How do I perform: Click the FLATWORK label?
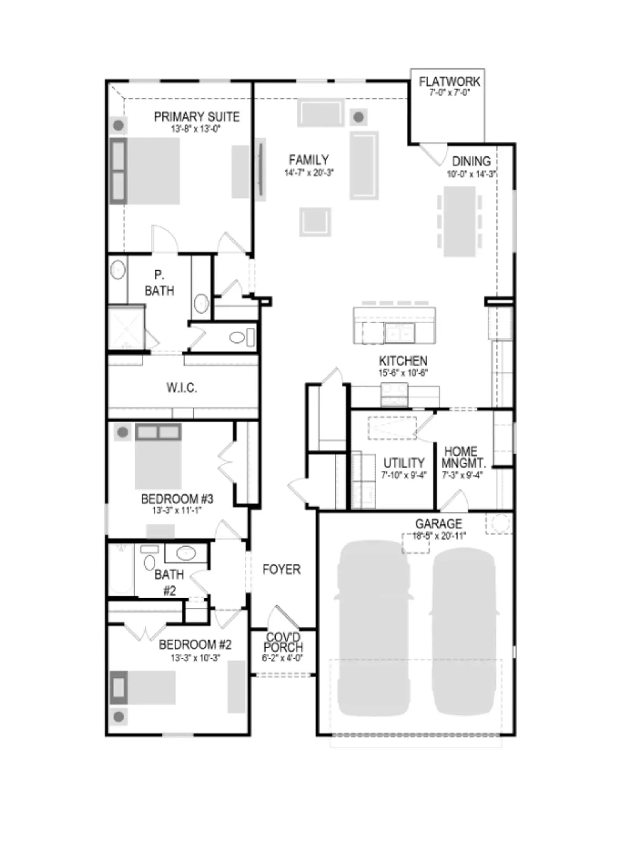(x=449, y=82)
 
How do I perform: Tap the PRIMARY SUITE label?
(x=197, y=117)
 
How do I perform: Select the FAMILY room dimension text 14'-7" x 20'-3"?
(x=309, y=173)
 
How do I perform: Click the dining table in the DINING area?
(x=460, y=221)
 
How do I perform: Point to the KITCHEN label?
(x=403, y=360)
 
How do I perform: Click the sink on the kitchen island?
(x=399, y=333)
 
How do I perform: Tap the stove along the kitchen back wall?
(x=394, y=394)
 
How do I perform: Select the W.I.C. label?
(x=182, y=387)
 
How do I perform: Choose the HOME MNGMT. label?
(x=463, y=457)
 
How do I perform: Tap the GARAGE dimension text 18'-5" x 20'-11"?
(x=439, y=536)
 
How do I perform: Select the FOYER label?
(x=281, y=570)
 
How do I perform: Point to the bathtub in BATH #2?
(x=121, y=570)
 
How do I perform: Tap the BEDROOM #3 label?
(x=177, y=498)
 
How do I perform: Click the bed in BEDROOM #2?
(x=143, y=687)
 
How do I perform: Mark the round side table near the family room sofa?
(x=358, y=117)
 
